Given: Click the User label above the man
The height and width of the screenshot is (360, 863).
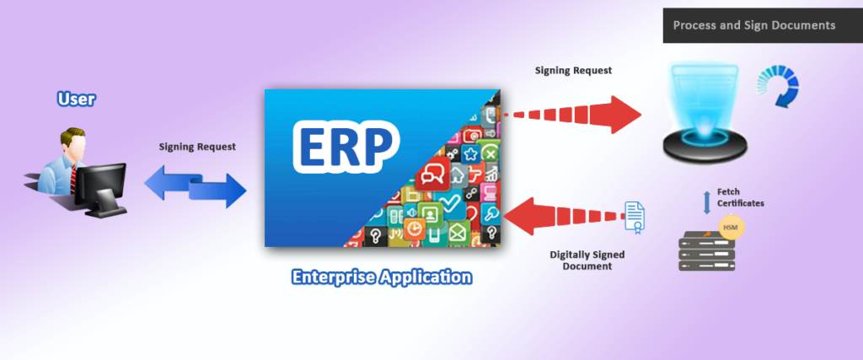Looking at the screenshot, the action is pos(77,99).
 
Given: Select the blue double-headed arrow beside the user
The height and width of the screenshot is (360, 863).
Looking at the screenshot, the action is pos(196,186).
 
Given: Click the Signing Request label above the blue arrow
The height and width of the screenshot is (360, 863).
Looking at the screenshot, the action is pos(197,147).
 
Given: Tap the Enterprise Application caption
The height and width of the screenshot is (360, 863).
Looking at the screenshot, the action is pos(382,277).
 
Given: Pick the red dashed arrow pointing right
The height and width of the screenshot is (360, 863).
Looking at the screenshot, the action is pos(571,115).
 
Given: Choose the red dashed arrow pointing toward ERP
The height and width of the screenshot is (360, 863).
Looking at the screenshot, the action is pos(564,217).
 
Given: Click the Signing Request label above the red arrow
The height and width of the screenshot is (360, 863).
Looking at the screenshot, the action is pos(573,71).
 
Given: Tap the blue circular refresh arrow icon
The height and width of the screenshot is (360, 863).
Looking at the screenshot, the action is pos(778,84).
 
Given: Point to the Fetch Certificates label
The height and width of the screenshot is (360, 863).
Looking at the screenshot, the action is pos(740,197).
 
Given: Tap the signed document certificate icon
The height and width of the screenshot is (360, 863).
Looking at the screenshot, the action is pos(635,216).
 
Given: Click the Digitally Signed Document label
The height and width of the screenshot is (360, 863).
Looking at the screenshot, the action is pos(587,261).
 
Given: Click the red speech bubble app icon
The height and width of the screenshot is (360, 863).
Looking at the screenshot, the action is pos(431,175).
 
